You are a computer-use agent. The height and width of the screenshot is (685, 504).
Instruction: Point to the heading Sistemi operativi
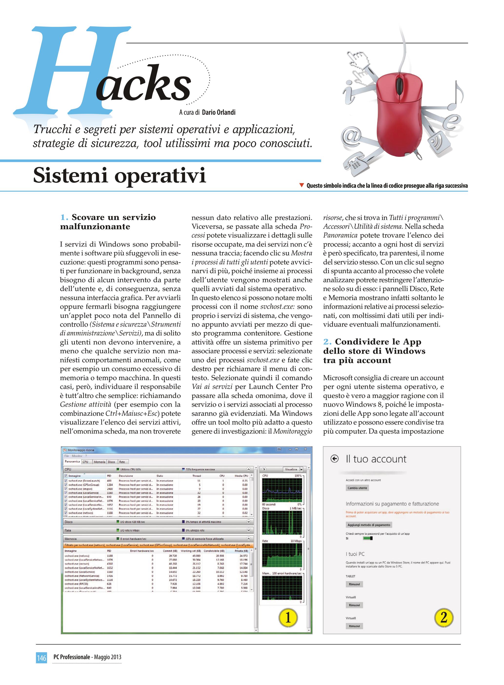pos(119,176)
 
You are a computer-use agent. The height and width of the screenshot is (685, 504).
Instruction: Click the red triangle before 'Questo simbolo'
pos(302,185)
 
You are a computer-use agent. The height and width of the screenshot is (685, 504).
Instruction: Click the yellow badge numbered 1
pos(287,618)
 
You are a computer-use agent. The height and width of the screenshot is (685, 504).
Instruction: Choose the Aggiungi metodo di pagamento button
pos(368,525)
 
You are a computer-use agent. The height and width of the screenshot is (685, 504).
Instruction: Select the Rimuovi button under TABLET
pos(354,584)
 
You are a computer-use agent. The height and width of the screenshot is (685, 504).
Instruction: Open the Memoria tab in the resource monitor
pos(99,462)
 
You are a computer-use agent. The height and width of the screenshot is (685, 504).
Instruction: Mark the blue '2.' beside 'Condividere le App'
pos(327,342)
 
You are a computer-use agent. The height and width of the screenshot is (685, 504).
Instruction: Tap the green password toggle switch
pos(368,538)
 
